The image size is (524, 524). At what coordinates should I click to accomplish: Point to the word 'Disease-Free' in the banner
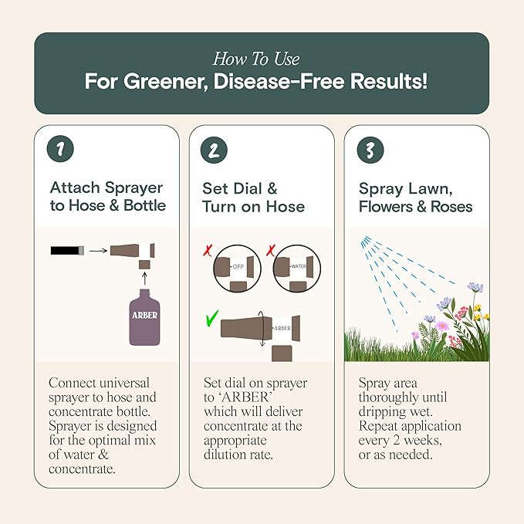pyautogui.click(x=299, y=82)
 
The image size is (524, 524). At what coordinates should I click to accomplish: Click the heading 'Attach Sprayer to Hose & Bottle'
pyautogui.click(x=107, y=197)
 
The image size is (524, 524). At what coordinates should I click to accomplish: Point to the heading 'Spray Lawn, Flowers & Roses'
pyautogui.click(x=415, y=197)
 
